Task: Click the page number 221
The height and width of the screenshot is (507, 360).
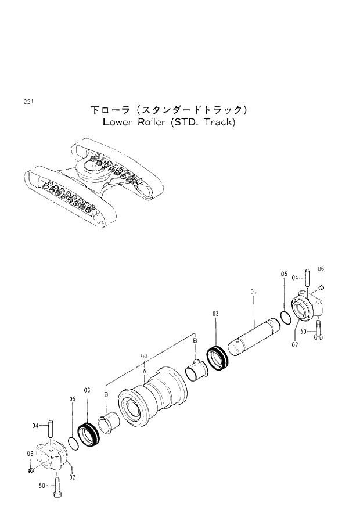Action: pyautogui.click(x=27, y=102)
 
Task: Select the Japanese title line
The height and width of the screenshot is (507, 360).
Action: pyautogui.click(x=169, y=110)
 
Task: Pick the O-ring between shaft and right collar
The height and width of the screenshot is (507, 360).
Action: pyautogui.click(x=285, y=317)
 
